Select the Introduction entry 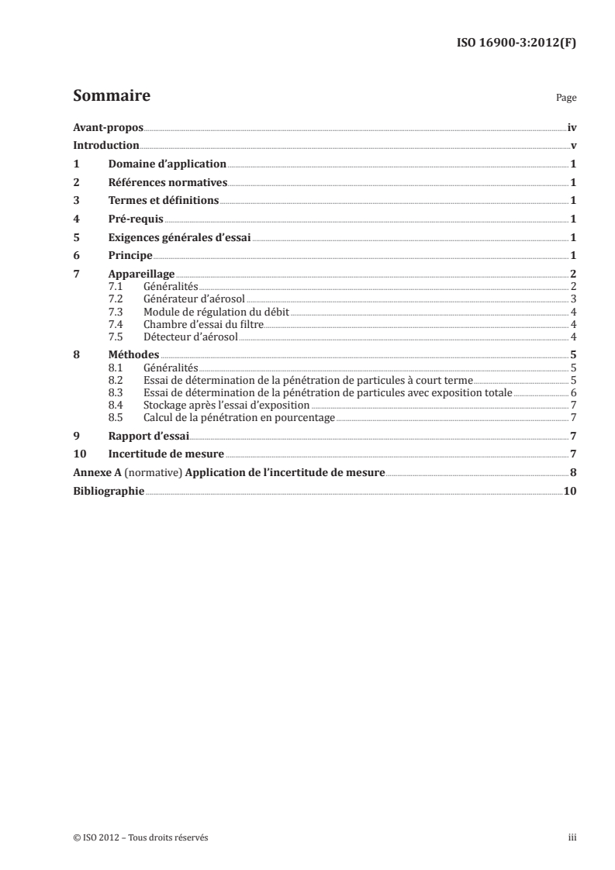pos(106,146)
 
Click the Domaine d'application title pos(167,164)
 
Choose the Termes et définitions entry pos(164,201)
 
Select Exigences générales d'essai pos(180,237)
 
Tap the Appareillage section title pos(141,274)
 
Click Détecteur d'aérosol pos(190,337)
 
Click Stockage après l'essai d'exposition pos(226,405)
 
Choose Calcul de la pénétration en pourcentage pos(239,417)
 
